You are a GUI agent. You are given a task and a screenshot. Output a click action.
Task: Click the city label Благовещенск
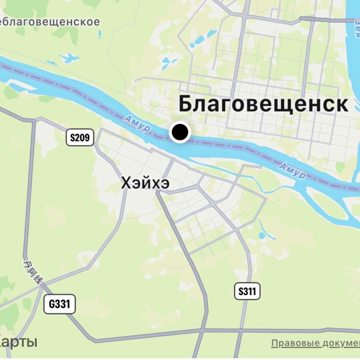[x=263, y=104]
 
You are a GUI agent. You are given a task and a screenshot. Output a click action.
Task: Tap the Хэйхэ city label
[x=145, y=183]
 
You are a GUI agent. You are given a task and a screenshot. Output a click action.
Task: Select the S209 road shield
[x=80, y=138]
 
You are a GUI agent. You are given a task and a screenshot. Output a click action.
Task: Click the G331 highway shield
[x=59, y=304]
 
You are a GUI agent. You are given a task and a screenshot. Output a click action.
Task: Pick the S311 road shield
[x=247, y=292]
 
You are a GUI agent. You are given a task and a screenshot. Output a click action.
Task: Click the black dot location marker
[x=180, y=132]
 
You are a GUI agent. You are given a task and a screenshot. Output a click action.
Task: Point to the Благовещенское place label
[x=50, y=22]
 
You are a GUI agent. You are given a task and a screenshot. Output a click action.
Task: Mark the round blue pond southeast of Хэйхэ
[x=262, y=235]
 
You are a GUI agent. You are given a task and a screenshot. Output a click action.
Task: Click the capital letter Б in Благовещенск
[x=186, y=104]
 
